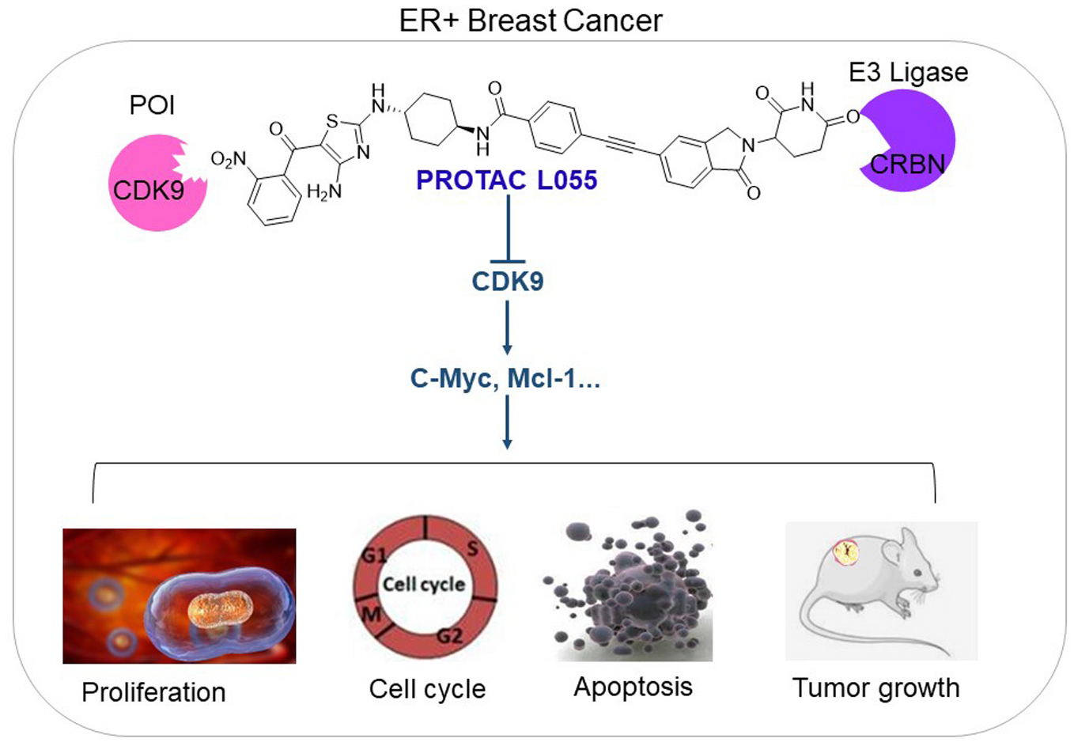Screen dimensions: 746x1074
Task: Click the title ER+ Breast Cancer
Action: pos(531,21)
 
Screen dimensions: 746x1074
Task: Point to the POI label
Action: pos(152,104)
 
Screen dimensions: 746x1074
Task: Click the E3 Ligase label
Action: pos(908,72)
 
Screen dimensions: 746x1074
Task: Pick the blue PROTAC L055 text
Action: pos(506,180)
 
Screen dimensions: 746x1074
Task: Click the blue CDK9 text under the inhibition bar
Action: pos(507,282)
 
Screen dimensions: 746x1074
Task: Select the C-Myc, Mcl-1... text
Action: pos(505,379)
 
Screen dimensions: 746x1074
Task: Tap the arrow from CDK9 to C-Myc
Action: pos(507,328)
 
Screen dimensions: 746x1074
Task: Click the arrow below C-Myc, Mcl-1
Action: pos(507,422)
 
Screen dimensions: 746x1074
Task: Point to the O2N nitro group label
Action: pos(229,160)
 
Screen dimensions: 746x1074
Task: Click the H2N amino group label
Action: pos(323,191)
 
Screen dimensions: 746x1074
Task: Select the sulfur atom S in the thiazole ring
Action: pos(332,120)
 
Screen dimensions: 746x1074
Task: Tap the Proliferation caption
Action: pos(153,692)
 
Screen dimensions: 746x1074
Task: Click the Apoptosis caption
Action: pos(633,687)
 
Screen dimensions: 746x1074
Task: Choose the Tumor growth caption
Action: pos(875,687)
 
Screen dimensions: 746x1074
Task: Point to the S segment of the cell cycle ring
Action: pos(472,547)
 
